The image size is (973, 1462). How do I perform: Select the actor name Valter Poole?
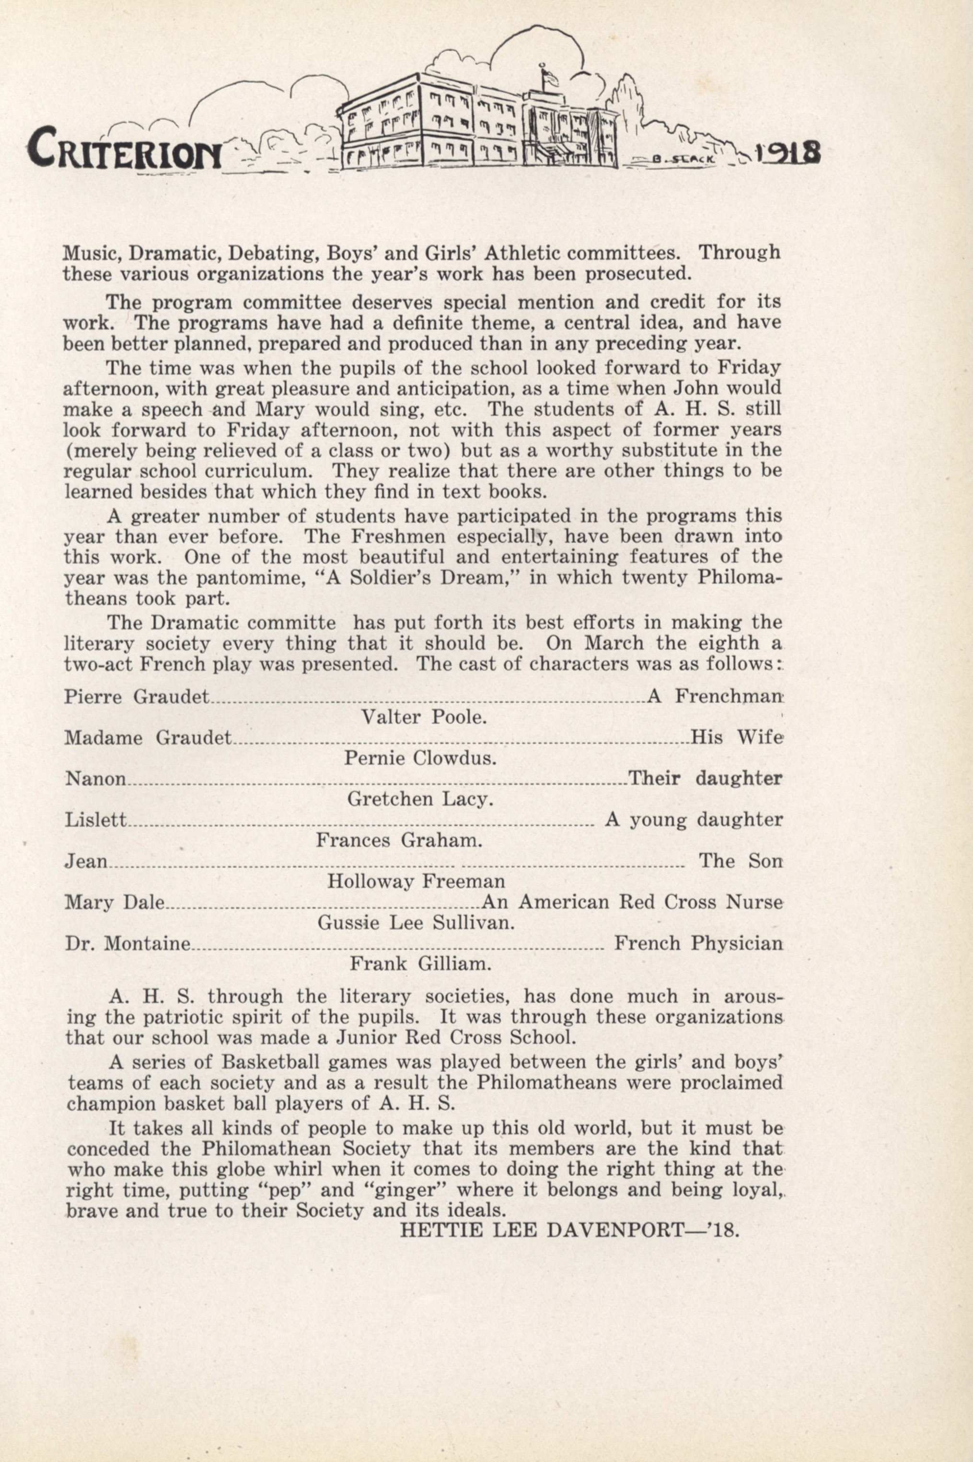tap(424, 718)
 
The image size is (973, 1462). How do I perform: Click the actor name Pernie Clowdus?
tap(420, 758)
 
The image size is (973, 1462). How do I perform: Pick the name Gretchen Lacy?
tap(420, 799)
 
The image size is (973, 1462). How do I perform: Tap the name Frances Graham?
tap(399, 841)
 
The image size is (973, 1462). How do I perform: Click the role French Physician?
tap(698, 944)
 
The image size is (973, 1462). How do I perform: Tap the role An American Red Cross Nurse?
tap(632, 902)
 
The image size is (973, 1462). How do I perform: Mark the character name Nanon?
tap(95, 779)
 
